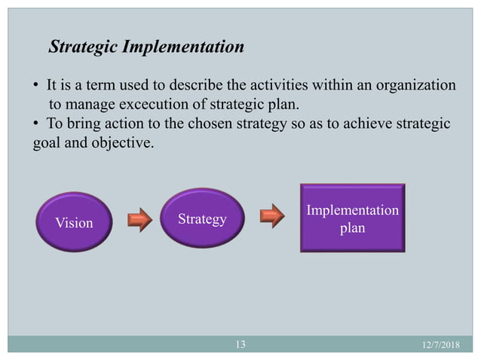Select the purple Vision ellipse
click(x=73, y=223)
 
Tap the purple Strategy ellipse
click(x=202, y=219)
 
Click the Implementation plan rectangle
click(x=352, y=217)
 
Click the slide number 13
click(x=240, y=345)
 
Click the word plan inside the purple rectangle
click(x=352, y=227)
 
